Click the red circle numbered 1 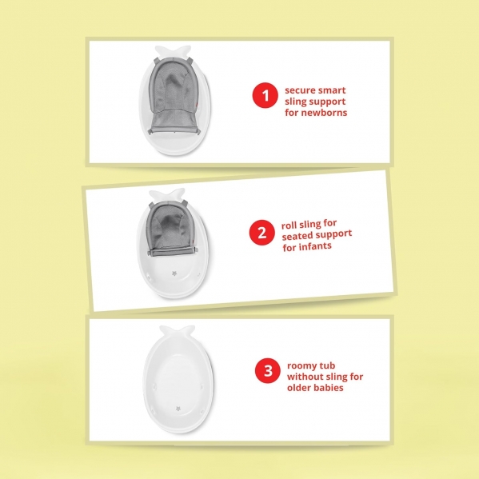pyautogui.click(x=265, y=95)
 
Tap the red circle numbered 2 pyautogui.click(x=262, y=233)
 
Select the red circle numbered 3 pyautogui.click(x=268, y=370)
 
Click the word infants pyautogui.click(x=316, y=245)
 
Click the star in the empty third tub pyautogui.click(x=178, y=409)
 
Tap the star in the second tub pyautogui.click(x=174, y=273)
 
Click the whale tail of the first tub pyautogui.click(x=173, y=51)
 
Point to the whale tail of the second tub pyautogui.click(x=167, y=194)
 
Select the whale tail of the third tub pyautogui.click(x=178, y=331)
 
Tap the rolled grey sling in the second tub pyautogui.click(x=172, y=229)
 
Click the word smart pyautogui.click(x=332, y=90)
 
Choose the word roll pyautogui.click(x=289, y=226)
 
